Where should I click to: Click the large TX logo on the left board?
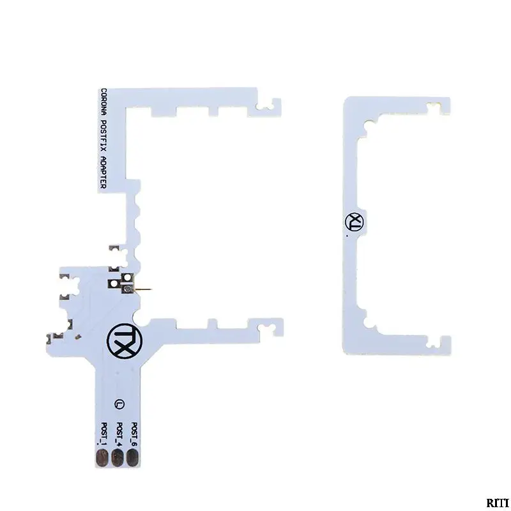click(125, 341)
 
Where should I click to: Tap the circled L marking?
click(119, 404)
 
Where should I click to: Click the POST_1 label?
click(104, 434)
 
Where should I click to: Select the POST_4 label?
click(119, 434)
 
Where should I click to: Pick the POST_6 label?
click(134, 434)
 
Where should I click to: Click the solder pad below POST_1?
click(102, 457)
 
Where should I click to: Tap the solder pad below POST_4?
click(118, 457)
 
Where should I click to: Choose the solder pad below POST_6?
click(132, 457)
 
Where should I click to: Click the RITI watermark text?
click(498, 502)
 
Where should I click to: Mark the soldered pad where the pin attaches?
click(128, 289)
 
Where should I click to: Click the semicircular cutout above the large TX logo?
click(141, 318)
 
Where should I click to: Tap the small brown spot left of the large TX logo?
click(78, 337)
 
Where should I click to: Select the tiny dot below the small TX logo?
click(347, 235)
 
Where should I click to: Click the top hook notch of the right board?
click(435, 107)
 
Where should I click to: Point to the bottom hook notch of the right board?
click(435, 341)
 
